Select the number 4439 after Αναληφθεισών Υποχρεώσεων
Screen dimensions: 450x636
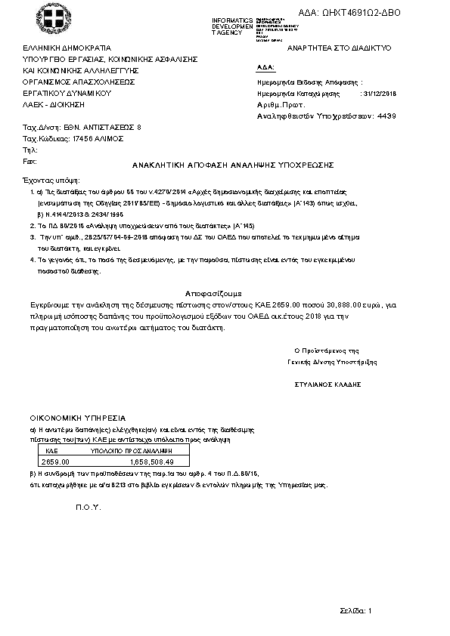[x=386, y=117]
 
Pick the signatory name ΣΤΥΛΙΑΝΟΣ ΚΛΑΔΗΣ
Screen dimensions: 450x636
[x=327, y=384]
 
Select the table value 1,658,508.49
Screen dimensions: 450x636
[x=152, y=461]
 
